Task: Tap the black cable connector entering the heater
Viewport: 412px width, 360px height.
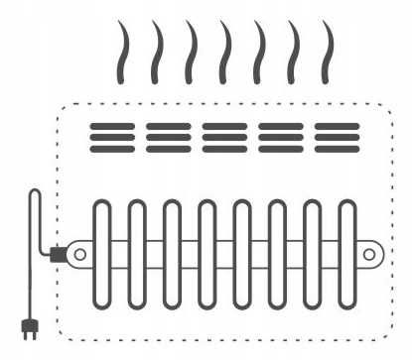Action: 58,255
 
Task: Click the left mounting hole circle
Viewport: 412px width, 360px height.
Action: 79,254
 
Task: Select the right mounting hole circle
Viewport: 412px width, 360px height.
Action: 368,254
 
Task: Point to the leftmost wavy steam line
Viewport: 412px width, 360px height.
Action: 123,51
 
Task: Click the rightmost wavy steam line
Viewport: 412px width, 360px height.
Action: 327,51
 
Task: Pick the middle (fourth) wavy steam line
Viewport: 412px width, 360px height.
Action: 224,51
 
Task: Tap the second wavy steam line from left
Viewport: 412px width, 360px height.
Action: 157,51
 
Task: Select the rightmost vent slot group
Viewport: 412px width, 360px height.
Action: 337,137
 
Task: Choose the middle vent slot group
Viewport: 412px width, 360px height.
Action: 224,137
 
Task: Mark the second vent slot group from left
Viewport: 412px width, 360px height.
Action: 168,137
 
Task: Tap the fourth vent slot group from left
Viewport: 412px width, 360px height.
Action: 281,137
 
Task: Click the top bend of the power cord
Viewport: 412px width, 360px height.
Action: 36,195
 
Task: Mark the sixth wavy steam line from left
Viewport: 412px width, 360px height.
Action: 293,51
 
